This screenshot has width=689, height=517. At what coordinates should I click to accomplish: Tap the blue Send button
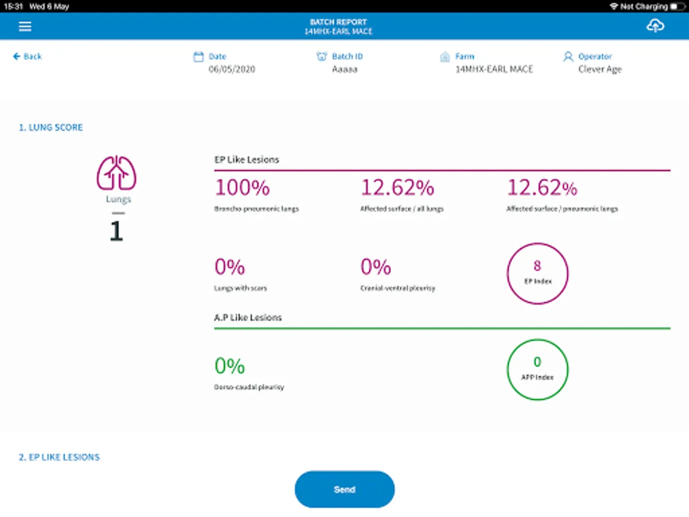[344, 489]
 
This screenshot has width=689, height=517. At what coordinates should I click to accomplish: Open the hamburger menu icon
[25, 26]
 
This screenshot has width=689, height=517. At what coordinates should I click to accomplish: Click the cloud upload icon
[655, 26]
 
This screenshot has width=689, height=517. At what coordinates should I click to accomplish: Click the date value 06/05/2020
[232, 69]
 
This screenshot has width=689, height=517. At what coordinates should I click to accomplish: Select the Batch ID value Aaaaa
[344, 69]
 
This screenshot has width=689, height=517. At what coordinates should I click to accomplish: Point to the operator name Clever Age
[600, 69]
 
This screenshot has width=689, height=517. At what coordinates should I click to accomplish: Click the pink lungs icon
[117, 172]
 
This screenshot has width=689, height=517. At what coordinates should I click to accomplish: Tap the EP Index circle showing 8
[537, 273]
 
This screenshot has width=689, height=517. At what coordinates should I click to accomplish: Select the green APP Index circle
[537, 369]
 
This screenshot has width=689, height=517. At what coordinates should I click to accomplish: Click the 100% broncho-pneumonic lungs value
[242, 188]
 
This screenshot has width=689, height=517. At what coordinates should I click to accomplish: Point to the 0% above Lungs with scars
[230, 267]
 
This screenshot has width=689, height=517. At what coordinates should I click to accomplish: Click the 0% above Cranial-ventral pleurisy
[376, 267]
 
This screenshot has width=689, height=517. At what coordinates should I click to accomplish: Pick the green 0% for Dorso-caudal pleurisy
[230, 366]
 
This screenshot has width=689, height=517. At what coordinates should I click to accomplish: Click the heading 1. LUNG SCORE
[51, 128]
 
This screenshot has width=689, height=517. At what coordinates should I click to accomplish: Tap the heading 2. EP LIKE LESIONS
[59, 457]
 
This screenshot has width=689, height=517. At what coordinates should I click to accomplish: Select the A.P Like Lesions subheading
[248, 317]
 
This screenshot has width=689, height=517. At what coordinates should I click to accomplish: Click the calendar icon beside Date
[199, 57]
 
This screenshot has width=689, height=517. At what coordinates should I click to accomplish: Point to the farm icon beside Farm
[444, 57]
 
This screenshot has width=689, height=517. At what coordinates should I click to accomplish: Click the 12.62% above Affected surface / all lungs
[397, 188]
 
